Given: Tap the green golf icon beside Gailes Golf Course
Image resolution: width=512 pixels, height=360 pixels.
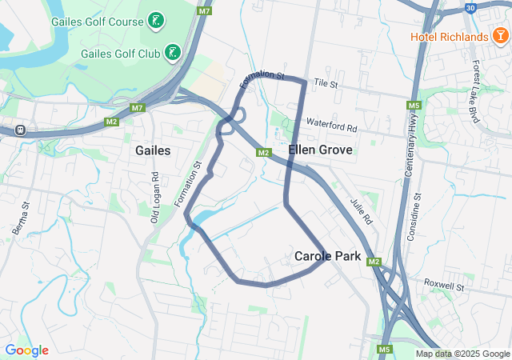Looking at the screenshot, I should point(156,20).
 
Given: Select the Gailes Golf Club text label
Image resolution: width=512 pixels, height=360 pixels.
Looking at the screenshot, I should point(120,54).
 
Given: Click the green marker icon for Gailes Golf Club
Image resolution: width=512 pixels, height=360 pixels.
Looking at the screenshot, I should point(171,54).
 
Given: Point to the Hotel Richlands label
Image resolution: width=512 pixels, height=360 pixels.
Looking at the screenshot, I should point(449,37).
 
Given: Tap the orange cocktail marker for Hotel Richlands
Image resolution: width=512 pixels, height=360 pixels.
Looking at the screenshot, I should point(500,36).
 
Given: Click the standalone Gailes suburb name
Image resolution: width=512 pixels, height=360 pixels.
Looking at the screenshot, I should point(153,150).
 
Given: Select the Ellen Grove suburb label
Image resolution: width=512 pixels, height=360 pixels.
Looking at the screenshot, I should point(320,150).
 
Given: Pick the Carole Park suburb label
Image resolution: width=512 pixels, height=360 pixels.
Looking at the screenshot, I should point(327,257).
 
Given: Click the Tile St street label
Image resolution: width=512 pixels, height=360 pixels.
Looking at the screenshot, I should point(326,83).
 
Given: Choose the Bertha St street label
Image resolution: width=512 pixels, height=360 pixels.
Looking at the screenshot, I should point(21,218).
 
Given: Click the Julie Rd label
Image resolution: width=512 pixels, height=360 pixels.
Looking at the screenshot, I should point(362,210).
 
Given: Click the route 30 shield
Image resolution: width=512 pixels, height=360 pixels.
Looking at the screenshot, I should point(471,7).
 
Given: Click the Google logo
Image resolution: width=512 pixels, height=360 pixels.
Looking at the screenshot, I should point(26,350).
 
